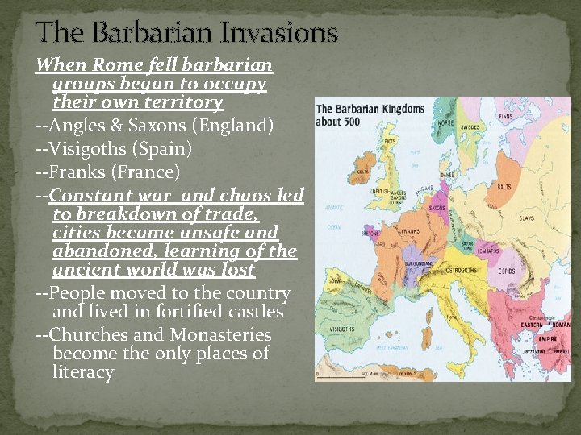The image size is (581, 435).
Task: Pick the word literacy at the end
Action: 82,372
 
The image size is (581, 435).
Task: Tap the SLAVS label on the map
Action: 527,218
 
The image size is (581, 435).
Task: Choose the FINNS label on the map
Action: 506,116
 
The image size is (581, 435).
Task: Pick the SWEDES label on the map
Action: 470,126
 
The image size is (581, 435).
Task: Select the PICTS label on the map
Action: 390,140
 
